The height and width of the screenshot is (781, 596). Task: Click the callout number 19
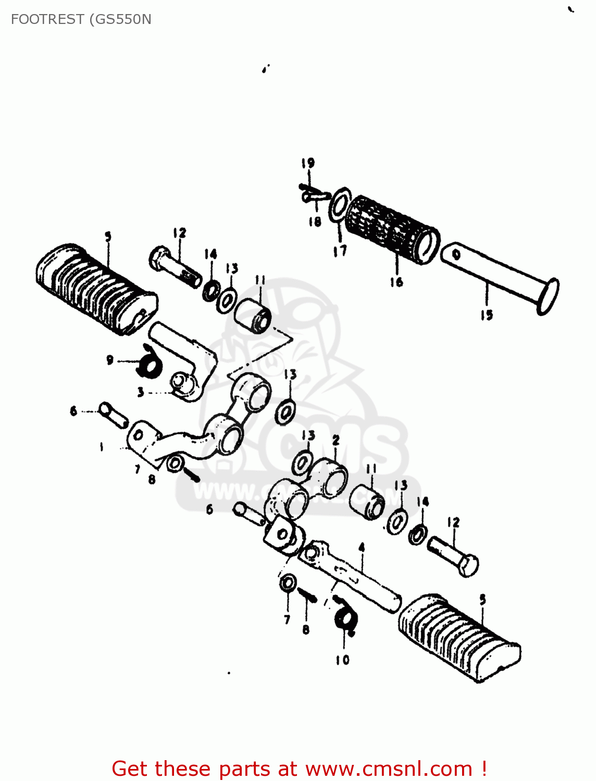pos(308,163)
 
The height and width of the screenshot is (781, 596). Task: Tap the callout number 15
pos(487,315)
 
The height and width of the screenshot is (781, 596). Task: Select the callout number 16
pos(396,282)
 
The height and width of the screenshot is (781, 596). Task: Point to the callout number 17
pos(340,251)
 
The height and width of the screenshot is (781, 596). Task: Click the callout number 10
pos(342,660)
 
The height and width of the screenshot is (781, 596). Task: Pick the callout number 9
pos(109,360)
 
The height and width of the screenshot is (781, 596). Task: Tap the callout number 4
pos(362,547)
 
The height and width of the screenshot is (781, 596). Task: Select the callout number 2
pos(336,440)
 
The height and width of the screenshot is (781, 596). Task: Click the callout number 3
pos(141,392)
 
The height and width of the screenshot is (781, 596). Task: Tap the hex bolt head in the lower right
pos(468,566)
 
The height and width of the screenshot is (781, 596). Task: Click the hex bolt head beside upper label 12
pos(158,259)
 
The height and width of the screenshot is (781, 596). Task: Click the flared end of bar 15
pos(548,297)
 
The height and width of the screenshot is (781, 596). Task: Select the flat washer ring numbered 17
pos(339,205)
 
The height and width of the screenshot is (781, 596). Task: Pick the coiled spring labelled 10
pos(345,618)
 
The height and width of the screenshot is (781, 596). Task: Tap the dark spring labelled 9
pos(148,364)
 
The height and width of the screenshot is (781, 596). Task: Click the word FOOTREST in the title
pos(47,19)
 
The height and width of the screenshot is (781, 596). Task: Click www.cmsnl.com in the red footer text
pos(388,769)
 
